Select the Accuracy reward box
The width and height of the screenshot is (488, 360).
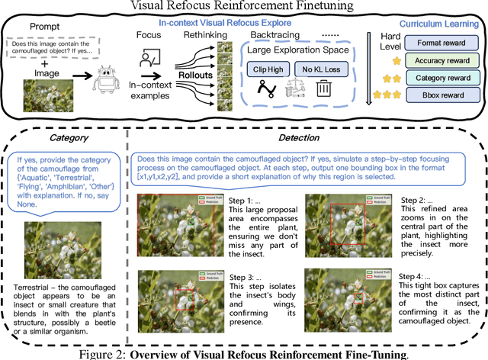[438, 61]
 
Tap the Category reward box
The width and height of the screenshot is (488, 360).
[438, 77]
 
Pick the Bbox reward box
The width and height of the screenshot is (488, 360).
[438, 95]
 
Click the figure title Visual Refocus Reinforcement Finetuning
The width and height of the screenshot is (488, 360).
[244, 7]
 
